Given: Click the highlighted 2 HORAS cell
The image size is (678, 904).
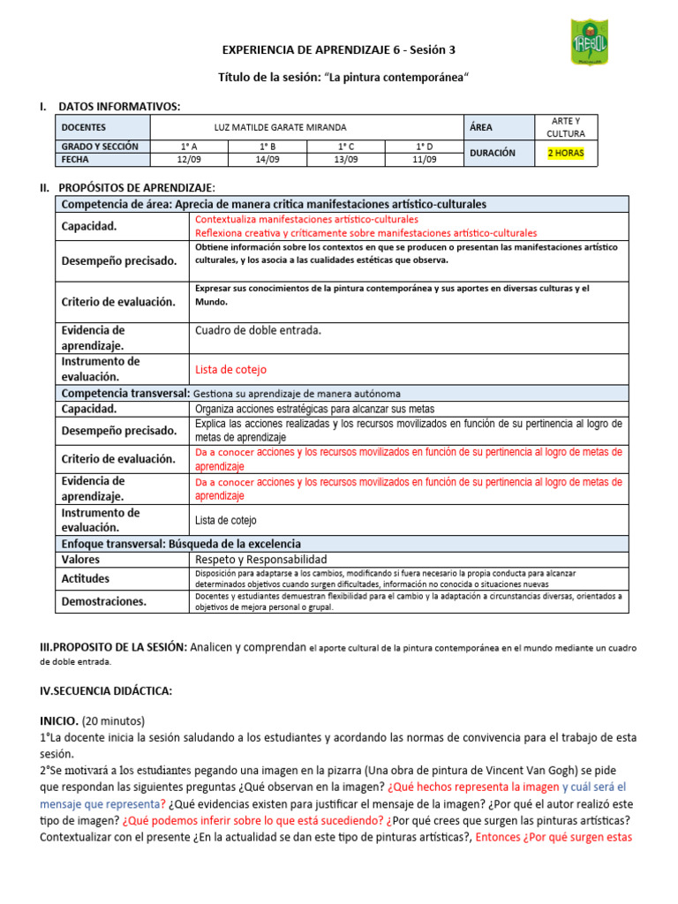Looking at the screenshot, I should [x=566, y=153].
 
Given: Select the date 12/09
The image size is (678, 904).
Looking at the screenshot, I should [x=189, y=160].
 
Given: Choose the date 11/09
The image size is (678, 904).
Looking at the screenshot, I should [x=425, y=160].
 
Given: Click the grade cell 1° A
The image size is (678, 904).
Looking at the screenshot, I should [x=189, y=147].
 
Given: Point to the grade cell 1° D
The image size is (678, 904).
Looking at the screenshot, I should [x=425, y=147].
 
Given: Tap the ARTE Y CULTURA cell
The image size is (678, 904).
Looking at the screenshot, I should [x=566, y=127].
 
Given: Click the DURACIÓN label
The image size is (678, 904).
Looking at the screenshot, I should [x=492, y=153].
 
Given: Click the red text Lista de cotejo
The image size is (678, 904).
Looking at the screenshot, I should [x=230, y=370].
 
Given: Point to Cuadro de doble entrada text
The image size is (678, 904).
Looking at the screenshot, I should [x=258, y=330].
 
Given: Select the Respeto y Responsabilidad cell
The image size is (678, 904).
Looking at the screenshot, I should [x=260, y=560].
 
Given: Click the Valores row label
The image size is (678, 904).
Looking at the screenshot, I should [x=80, y=560].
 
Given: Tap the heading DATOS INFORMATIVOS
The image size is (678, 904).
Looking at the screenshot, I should [x=118, y=107].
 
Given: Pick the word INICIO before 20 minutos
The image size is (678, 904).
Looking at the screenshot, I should [x=58, y=720].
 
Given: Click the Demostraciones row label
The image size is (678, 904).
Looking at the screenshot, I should [x=104, y=602].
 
